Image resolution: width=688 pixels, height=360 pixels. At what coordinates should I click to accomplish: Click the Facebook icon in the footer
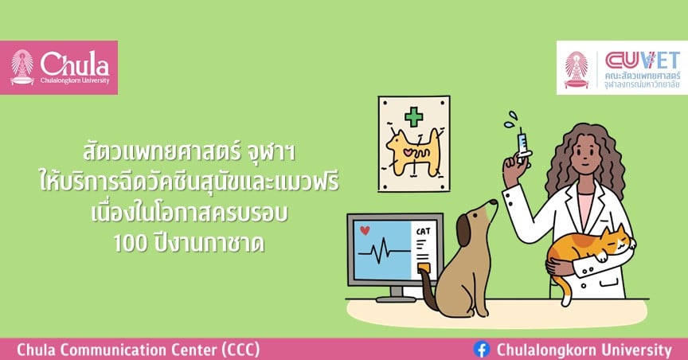click(x=481, y=350)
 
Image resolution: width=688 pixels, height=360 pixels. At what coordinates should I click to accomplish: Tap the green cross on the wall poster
click(x=413, y=117)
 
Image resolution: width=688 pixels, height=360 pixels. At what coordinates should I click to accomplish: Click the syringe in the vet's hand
click(x=522, y=143)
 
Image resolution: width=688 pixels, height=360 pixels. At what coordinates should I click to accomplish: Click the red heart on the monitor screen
click(x=364, y=230)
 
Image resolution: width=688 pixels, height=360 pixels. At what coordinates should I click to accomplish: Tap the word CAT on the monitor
click(x=423, y=231)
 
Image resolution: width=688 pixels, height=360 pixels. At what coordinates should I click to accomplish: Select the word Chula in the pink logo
click(x=75, y=64)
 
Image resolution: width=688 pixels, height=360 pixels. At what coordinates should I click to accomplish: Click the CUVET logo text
click(x=642, y=61)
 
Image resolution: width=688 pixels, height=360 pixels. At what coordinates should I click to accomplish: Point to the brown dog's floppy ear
click(x=463, y=230)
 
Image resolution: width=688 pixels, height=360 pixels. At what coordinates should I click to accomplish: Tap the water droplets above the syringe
click(x=510, y=119)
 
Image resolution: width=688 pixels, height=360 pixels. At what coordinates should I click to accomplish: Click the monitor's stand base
click(x=397, y=299)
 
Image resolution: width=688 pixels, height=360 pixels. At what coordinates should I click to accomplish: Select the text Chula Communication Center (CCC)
click(x=139, y=350)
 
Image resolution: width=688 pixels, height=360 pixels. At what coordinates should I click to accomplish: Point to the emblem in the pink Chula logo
click(x=22, y=67)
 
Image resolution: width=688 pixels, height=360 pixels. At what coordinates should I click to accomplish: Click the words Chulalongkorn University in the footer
click(x=584, y=350)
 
